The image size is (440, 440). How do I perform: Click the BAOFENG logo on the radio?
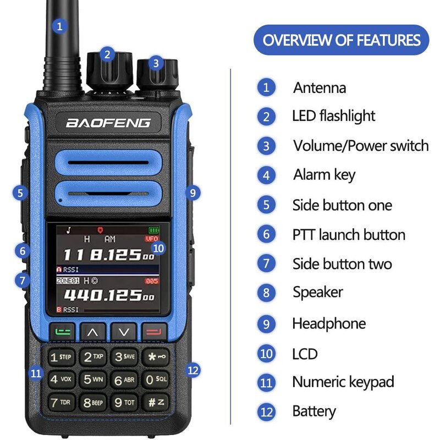pyautogui.click(x=108, y=122)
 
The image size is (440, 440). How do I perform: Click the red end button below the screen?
pyautogui.click(x=153, y=332)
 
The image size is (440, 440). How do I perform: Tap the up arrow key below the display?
pyautogui.click(x=93, y=332)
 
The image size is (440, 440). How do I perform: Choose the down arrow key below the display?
pyautogui.click(x=123, y=332)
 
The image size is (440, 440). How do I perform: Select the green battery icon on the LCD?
pyautogui.click(x=152, y=229)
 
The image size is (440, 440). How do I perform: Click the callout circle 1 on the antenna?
pyautogui.click(x=61, y=25)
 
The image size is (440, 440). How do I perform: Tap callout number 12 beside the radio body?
pyautogui.click(x=193, y=370)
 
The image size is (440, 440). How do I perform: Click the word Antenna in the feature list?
pyautogui.click(x=320, y=87)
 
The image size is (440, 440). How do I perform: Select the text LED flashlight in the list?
pyautogui.click(x=333, y=116)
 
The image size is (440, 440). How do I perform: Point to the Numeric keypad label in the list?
pyautogui.click(x=343, y=382)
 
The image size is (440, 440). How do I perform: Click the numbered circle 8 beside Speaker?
pyautogui.click(x=267, y=292)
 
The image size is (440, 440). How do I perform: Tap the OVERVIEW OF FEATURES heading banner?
pyautogui.click(x=341, y=40)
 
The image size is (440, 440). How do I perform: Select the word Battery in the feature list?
pyautogui.click(x=314, y=411)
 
